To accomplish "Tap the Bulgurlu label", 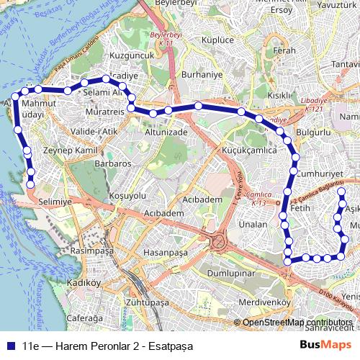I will point(312,133).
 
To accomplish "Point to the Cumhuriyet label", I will point(318,174).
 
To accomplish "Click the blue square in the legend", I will point(13,344).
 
